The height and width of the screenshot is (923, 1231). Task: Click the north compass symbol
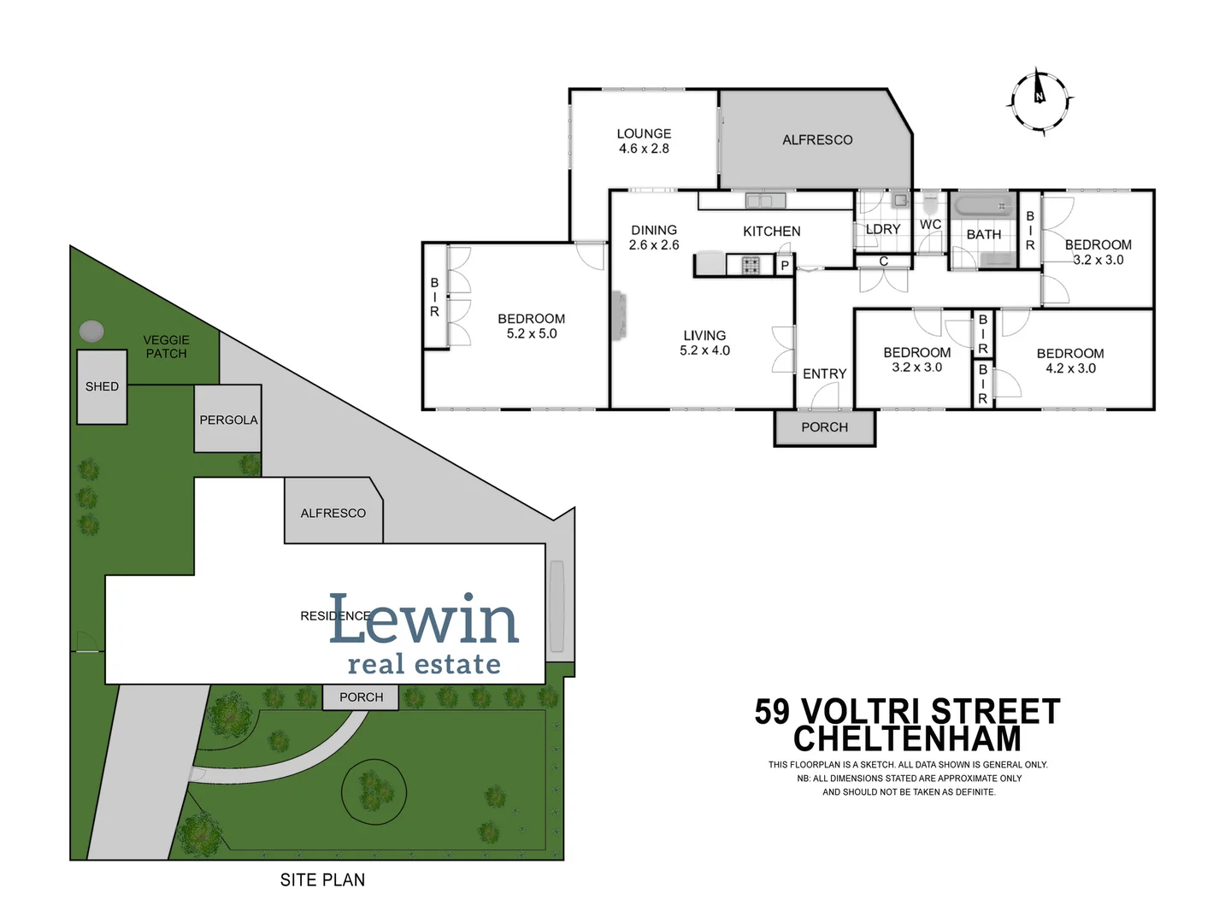tap(1040, 101)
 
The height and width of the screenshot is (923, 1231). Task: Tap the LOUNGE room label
tap(644, 134)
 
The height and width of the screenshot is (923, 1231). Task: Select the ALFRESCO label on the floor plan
tap(817, 140)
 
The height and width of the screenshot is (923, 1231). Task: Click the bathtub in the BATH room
tap(982, 207)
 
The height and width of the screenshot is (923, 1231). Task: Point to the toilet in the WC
tap(930, 205)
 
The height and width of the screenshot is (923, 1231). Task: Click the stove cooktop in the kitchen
tap(751, 265)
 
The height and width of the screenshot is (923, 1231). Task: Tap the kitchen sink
tap(764, 201)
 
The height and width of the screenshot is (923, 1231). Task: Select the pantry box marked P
tap(785, 266)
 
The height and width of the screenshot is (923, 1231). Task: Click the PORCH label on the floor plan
tap(824, 427)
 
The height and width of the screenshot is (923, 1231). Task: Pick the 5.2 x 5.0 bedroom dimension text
tap(531, 334)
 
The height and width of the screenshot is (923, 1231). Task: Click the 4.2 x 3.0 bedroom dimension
tap(1070, 368)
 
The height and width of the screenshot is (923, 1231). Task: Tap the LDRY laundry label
tap(882, 229)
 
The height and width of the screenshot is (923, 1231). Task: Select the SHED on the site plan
tap(102, 387)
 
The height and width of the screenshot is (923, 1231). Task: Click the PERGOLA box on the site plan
tap(227, 420)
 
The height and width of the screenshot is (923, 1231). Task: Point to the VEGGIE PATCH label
tap(166, 346)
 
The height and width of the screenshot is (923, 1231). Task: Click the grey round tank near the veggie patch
tap(91, 331)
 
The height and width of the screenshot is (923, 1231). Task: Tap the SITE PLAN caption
tap(322, 879)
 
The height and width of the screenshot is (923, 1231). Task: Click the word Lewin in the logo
tap(424, 620)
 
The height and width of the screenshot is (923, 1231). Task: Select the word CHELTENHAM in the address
tap(907, 738)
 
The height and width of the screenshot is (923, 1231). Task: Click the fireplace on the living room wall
tap(618, 315)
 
